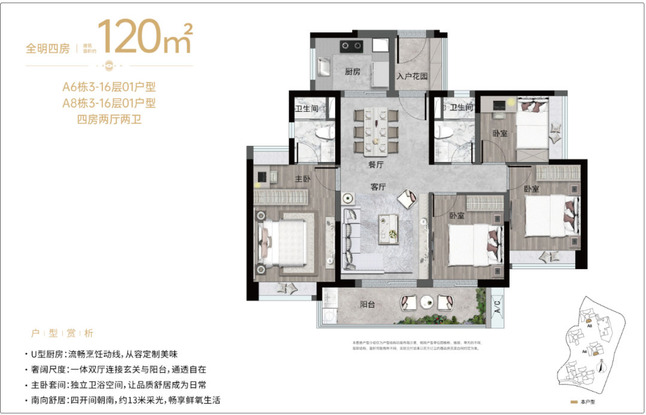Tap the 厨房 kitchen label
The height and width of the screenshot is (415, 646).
[x=352, y=72]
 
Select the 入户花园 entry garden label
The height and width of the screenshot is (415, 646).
[x=413, y=77]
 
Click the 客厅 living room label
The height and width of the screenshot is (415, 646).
[x=378, y=187]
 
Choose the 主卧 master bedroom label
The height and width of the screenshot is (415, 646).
[x=303, y=179]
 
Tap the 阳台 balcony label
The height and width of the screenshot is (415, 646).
[x=367, y=304]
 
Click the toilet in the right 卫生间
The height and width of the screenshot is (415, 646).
[x=444, y=131]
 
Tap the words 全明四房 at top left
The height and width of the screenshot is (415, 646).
[x=48, y=49]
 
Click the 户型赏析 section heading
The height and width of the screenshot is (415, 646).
[x=62, y=334]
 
